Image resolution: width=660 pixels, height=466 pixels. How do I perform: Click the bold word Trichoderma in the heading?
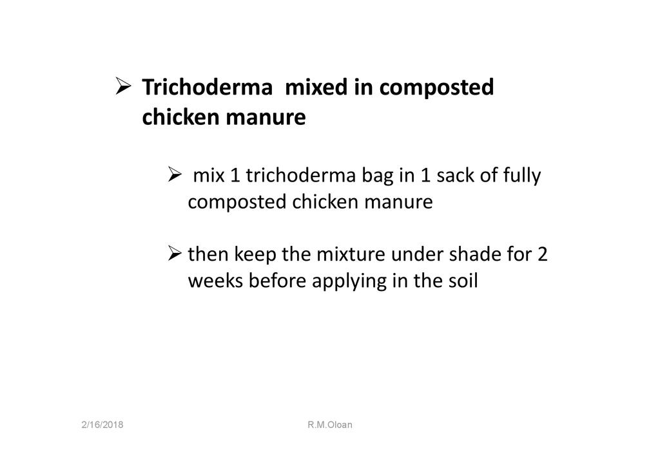pos(208,88)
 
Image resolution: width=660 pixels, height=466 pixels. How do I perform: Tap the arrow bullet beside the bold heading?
pos(123,86)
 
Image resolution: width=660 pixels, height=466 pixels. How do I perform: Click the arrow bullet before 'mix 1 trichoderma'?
pos(174,174)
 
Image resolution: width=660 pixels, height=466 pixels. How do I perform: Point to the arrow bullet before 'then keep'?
pos(174,254)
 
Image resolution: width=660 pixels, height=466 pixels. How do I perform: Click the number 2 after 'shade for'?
pos(542,255)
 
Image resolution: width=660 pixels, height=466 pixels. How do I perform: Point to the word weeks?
pos(215,280)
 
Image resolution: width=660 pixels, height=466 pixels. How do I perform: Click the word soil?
pos(465,280)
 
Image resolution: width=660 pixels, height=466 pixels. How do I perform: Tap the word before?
pos(277,280)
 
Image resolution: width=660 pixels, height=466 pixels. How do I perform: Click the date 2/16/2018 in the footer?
pos(102,425)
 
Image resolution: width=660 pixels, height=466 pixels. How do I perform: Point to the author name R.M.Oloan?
pos(330,425)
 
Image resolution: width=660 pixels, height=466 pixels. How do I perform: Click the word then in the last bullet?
pos(208,254)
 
